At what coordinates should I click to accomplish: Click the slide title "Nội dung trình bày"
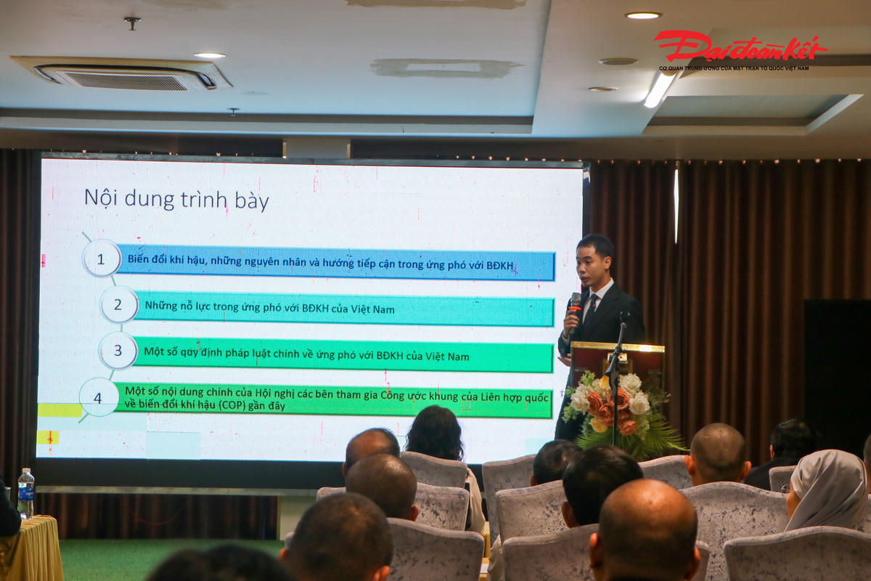coord(176,200)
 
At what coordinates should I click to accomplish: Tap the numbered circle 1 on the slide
coord(101,259)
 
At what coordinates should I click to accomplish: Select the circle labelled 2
coord(118,305)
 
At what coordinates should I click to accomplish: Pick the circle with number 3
coord(118,350)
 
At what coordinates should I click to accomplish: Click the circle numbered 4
coord(99,398)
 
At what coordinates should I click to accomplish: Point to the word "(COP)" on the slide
coord(232,405)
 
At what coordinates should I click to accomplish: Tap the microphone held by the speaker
coord(575,310)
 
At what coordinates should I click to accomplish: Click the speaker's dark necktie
coord(590,310)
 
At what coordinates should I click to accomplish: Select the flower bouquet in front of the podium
coord(618,413)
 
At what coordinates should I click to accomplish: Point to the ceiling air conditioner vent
coord(124,75)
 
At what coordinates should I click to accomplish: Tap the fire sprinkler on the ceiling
coord(132,23)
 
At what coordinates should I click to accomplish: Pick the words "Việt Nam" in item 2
coord(372,309)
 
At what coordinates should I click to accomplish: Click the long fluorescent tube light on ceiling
coord(659,90)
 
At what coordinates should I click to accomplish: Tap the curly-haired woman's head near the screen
coord(435,432)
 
